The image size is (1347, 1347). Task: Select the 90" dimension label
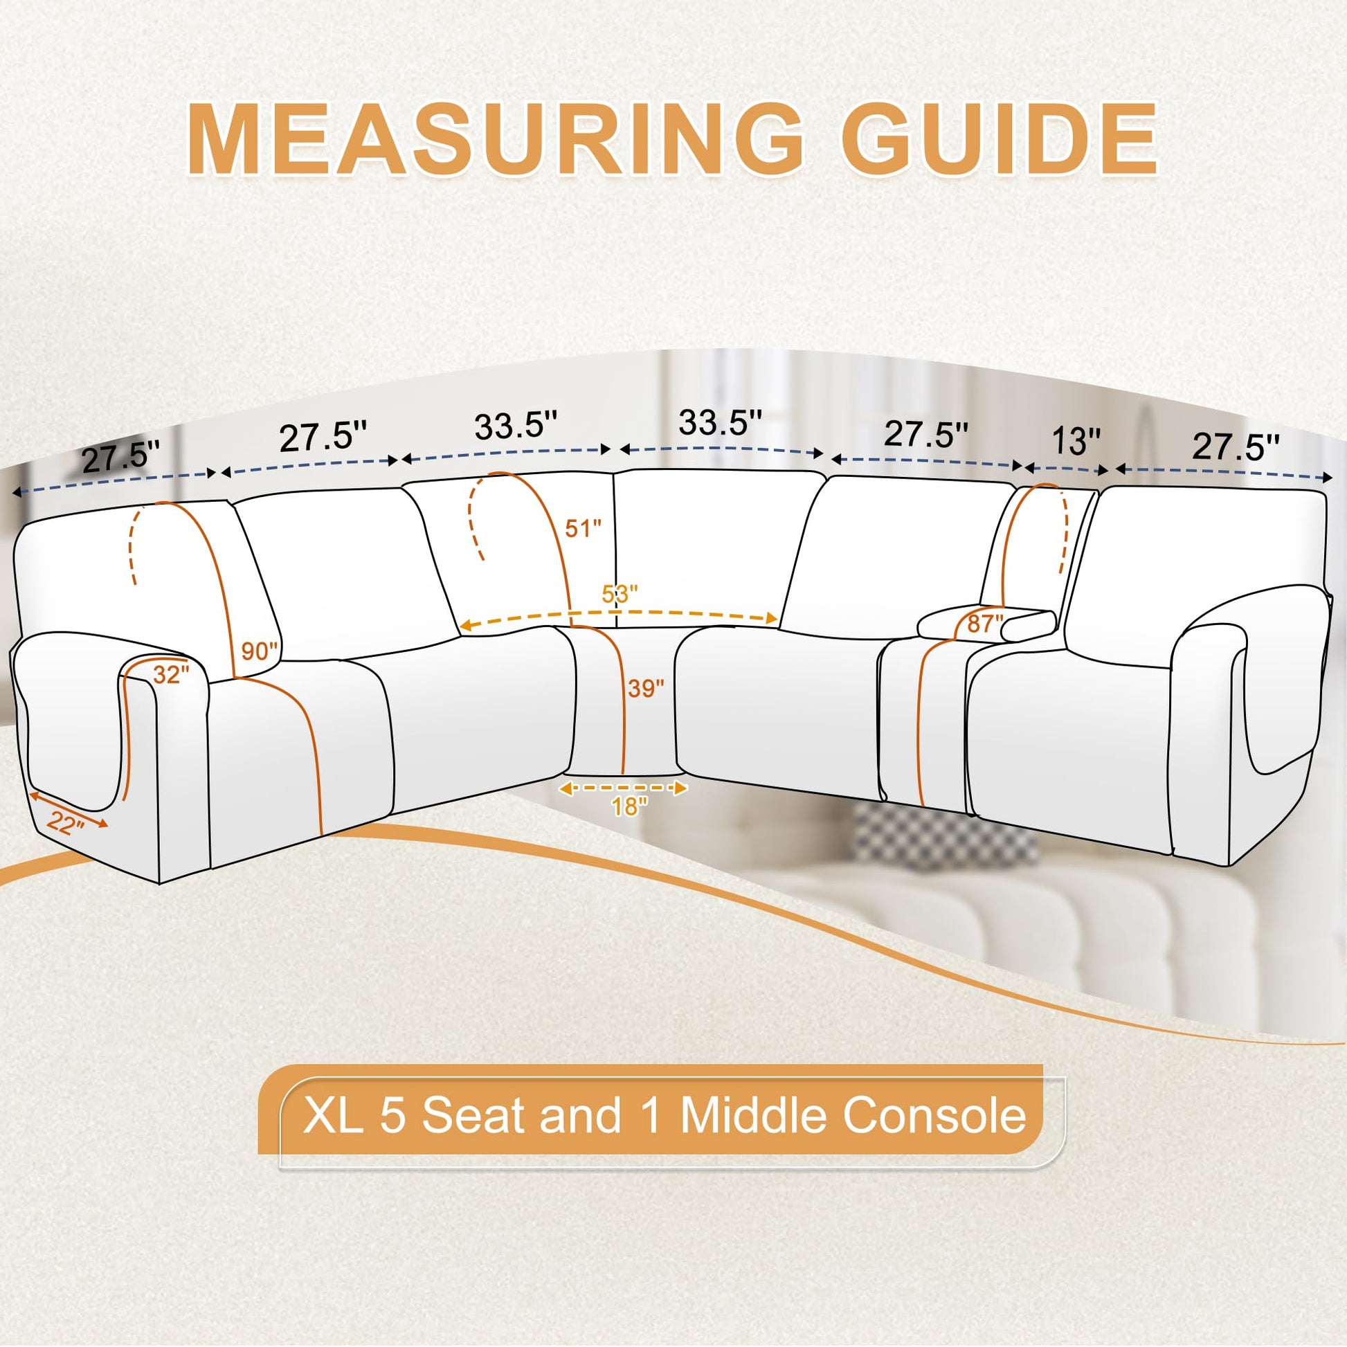tap(260, 651)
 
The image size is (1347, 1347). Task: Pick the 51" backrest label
tap(583, 527)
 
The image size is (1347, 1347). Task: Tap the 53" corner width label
tap(620, 594)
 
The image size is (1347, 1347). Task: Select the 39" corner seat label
tap(646, 688)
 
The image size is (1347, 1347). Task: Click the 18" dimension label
tap(630, 806)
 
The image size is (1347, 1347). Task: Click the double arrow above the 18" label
tap(623, 788)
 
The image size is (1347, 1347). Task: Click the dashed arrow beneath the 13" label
tap(1065, 469)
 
